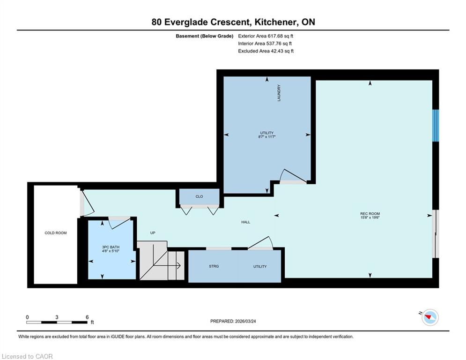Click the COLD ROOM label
[x=56, y=233]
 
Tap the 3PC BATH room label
[x=111, y=247]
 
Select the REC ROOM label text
[x=370, y=214]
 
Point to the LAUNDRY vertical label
[x=279, y=93]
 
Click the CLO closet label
[x=199, y=197]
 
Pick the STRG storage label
[x=214, y=266]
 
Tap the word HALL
[x=245, y=222]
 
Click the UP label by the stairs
[x=153, y=233]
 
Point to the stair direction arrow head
[x=179, y=265]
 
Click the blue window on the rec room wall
[x=436, y=126]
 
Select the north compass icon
[x=430, y=317]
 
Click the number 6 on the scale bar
[x=87, y=317]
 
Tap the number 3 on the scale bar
[x=57, y=317]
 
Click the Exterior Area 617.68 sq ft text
[x=266, y=36]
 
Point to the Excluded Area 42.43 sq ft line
[x=266, y=51]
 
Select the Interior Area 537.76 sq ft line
[x=265, y=44]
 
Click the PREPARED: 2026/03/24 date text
[x=233, y=321]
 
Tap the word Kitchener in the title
[x=275, y=22]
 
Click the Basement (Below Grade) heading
[x=205, y=36]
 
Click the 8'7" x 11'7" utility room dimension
[x=266, y=137]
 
